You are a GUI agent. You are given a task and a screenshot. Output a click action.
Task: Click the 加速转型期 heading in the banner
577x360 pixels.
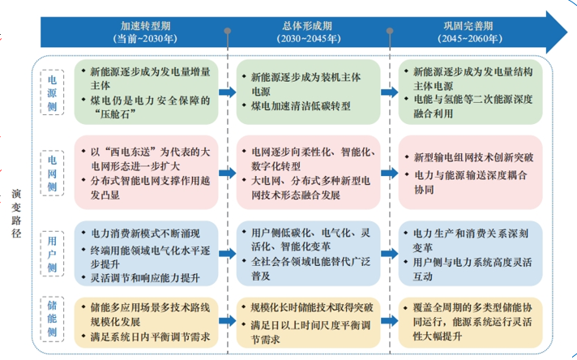coord(145,26)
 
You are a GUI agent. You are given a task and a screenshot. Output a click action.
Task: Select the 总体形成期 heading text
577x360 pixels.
coord(307,26)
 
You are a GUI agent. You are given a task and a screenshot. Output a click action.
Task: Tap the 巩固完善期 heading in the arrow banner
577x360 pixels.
coord(468,26)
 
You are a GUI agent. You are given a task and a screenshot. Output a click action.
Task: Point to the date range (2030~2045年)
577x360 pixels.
coord(309,39)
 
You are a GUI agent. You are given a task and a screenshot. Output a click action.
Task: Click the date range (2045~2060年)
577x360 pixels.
coord(470,39)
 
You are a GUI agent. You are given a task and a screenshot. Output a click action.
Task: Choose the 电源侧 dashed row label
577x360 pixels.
coord(52,92)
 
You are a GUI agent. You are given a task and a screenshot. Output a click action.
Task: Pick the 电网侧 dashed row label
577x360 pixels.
coord(52,173)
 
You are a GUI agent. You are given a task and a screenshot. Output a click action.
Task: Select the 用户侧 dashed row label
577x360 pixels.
coord(52,254)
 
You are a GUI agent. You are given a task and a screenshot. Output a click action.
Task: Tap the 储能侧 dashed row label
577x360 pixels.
coord(52,319)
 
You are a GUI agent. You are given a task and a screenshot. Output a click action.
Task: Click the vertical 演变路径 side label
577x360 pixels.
coord(16,213)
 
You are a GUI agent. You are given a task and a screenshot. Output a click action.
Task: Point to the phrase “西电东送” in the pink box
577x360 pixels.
coord(129,152)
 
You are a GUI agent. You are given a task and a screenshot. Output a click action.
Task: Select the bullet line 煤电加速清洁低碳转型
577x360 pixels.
coord(301,106)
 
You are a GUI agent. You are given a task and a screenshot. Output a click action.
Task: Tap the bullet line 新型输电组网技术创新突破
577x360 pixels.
coord(473,157)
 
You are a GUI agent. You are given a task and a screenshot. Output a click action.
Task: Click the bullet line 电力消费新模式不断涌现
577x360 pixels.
coord(145,234)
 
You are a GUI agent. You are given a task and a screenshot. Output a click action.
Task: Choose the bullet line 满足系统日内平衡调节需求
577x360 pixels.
coord(150,336)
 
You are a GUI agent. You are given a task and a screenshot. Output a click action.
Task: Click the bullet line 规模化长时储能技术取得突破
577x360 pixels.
coord(312,308)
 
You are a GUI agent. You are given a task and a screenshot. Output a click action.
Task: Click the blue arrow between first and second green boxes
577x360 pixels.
coord(228,92)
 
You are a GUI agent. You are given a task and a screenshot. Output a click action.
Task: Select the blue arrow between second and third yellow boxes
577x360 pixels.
coord(389,320)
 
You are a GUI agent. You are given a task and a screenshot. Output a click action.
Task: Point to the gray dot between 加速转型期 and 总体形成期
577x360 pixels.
coord(228,31)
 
